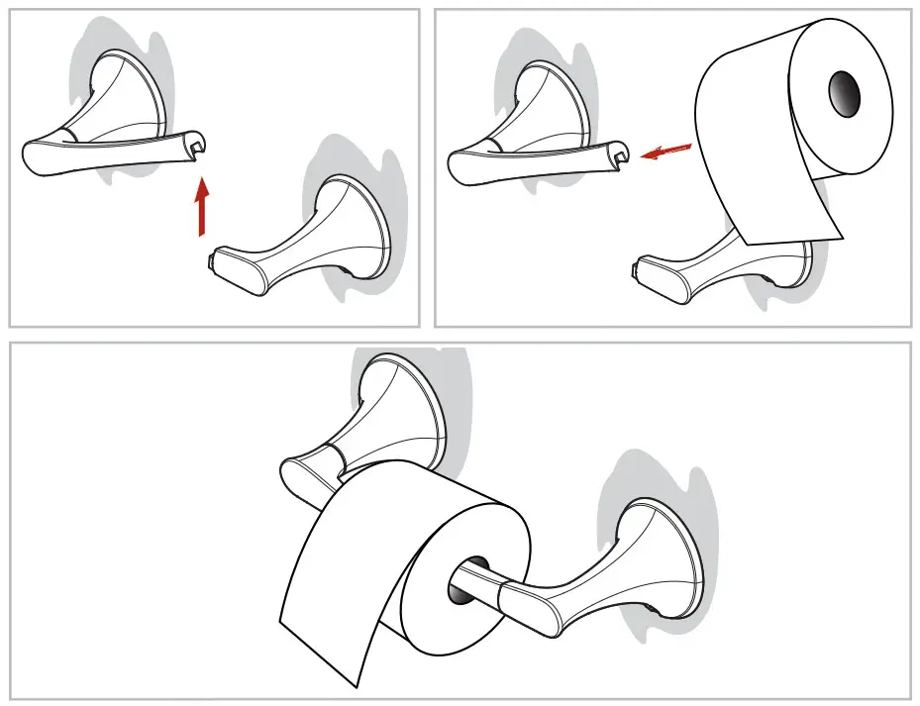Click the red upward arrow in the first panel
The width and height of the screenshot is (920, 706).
[202, 207]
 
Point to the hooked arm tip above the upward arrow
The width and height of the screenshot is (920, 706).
[197, 148]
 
